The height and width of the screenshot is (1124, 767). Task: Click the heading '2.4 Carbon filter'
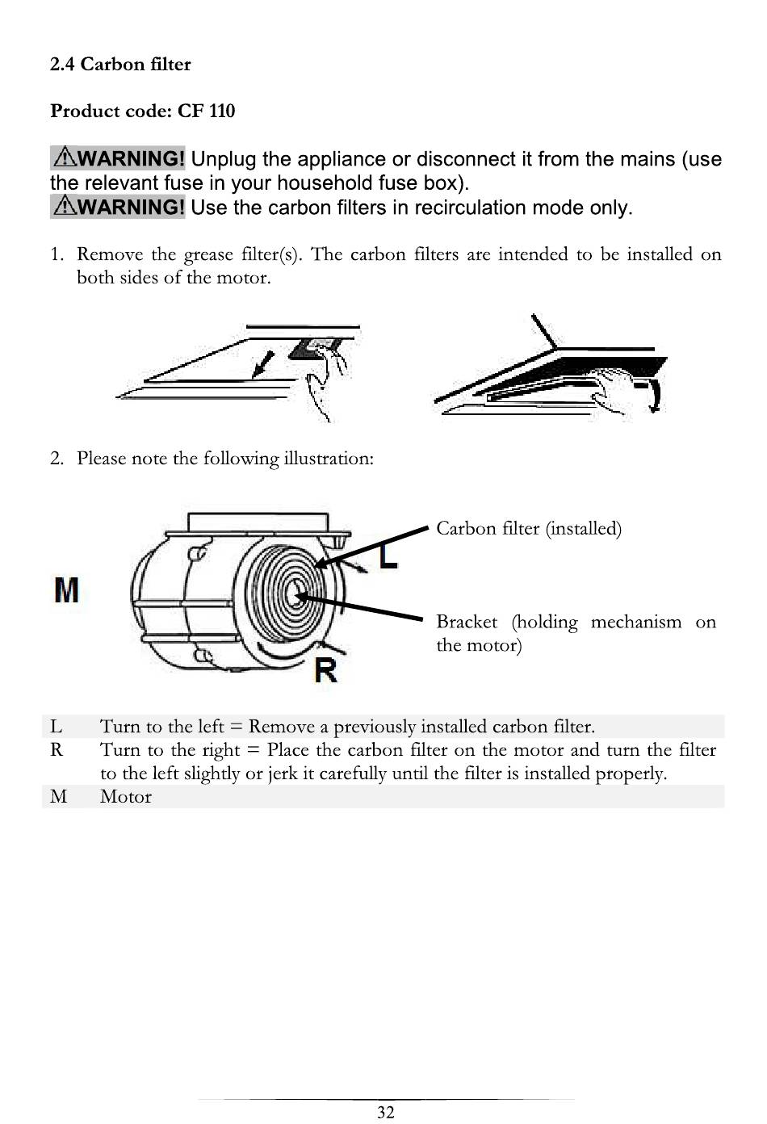120,65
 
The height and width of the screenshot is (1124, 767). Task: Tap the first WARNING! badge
118,158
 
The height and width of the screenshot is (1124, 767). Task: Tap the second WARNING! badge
118,207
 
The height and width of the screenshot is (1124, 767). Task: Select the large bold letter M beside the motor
66,591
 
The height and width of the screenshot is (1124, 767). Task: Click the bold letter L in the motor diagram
388,556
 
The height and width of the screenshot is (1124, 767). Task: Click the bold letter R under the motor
325,669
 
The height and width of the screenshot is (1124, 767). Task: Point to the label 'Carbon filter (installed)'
529,529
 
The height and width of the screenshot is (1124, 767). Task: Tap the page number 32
386,1112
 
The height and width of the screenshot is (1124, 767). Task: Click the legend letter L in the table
56,726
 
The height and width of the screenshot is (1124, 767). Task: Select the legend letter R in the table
57,749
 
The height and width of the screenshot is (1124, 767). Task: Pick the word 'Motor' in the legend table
126,797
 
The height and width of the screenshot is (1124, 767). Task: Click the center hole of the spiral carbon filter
295,598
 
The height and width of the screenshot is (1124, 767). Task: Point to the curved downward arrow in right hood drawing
657,396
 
